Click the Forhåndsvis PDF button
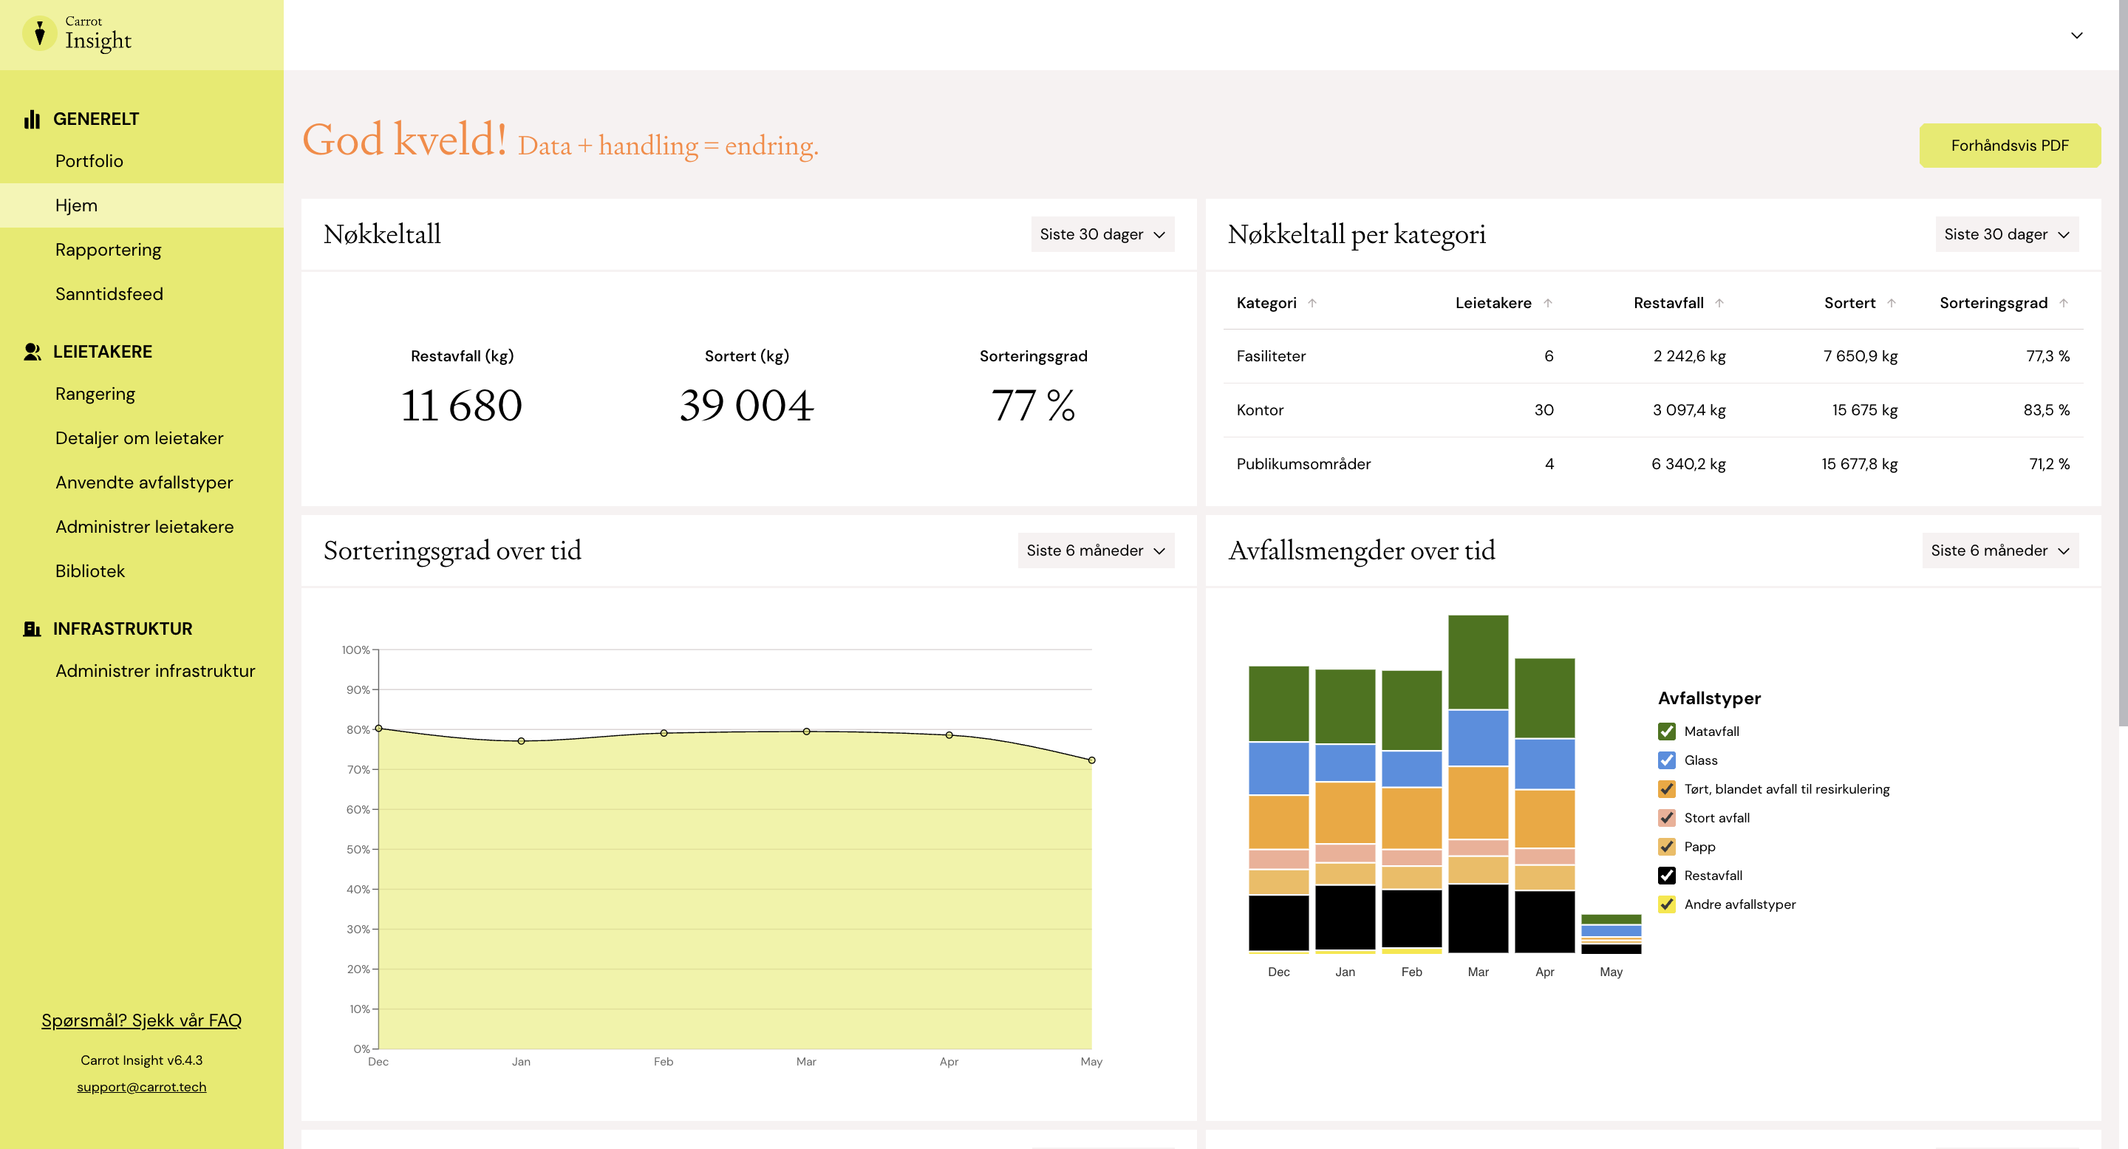[x=2009, y=146]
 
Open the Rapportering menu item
[x=108, y=250]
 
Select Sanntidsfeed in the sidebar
[x=109, y=294]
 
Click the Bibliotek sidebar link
[x=90, y=570]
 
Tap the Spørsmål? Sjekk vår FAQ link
[x=141, y=1020]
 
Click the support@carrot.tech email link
[x=141, y=1087]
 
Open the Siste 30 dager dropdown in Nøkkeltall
[x=1102, y=233]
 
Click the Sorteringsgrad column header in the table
[x=1994, y=303]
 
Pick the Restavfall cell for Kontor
[x=1688, y=409]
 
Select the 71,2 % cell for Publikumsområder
[x=2049, y=463]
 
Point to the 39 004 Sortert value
[x=747, y=406]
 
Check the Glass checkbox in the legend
[x=1667, y=760]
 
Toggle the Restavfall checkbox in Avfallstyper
[x=1667, y=876]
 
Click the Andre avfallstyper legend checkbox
[x=1667, y=904]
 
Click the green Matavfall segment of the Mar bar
[x=1478, y=661]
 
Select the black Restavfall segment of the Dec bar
[x=1278, y=923]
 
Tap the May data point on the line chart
[x=1091, y=760]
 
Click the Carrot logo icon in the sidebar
[x=40, y=34]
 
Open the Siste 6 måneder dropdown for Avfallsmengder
[x=2000, y=550]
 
